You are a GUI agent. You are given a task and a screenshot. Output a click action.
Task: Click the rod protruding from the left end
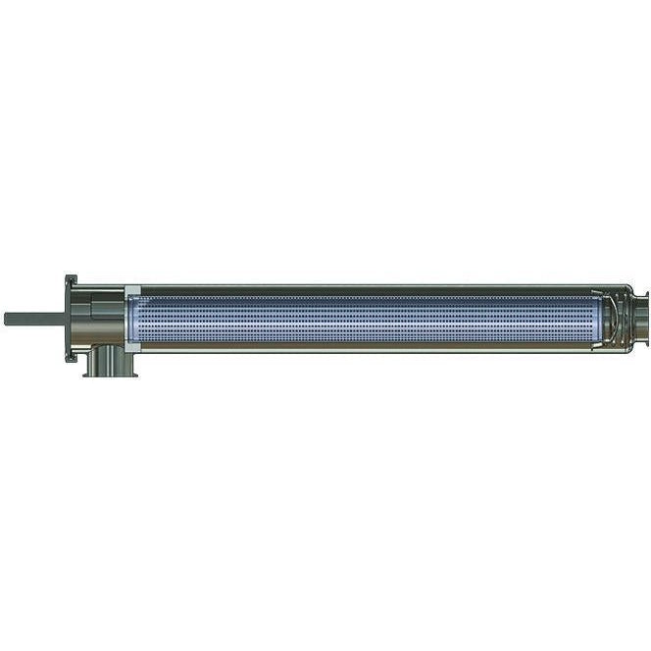pos(34,319)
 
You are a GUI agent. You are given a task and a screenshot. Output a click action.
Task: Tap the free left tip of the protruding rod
pos(6,319)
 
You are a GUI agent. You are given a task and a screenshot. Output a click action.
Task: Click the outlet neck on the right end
pos(637,318)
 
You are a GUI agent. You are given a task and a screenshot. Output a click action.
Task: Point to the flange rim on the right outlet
pos(647,318)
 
